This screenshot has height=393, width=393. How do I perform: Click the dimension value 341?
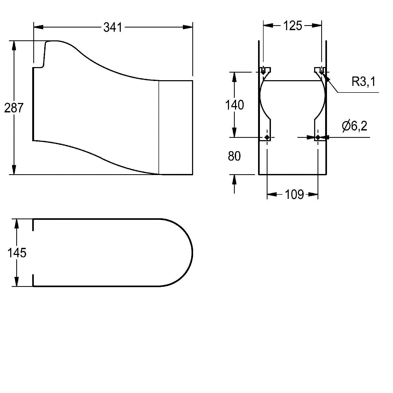click(113, 27)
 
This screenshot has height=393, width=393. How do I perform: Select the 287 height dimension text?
click(14, 108)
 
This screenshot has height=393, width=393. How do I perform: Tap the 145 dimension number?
click(17, 253)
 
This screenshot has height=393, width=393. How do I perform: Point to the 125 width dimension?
click(293, 26)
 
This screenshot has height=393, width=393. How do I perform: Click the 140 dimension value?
click(234, 105)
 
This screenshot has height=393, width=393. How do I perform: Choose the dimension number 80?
click(234, 156)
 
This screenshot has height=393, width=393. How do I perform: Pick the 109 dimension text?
click(294, 194)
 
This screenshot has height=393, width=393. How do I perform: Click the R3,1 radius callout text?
click(363, 82)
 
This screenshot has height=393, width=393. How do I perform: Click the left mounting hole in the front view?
click(267, 137)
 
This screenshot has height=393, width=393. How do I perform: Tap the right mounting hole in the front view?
click(318, 137)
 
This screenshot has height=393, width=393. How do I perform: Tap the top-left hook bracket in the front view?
click(265, 70)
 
